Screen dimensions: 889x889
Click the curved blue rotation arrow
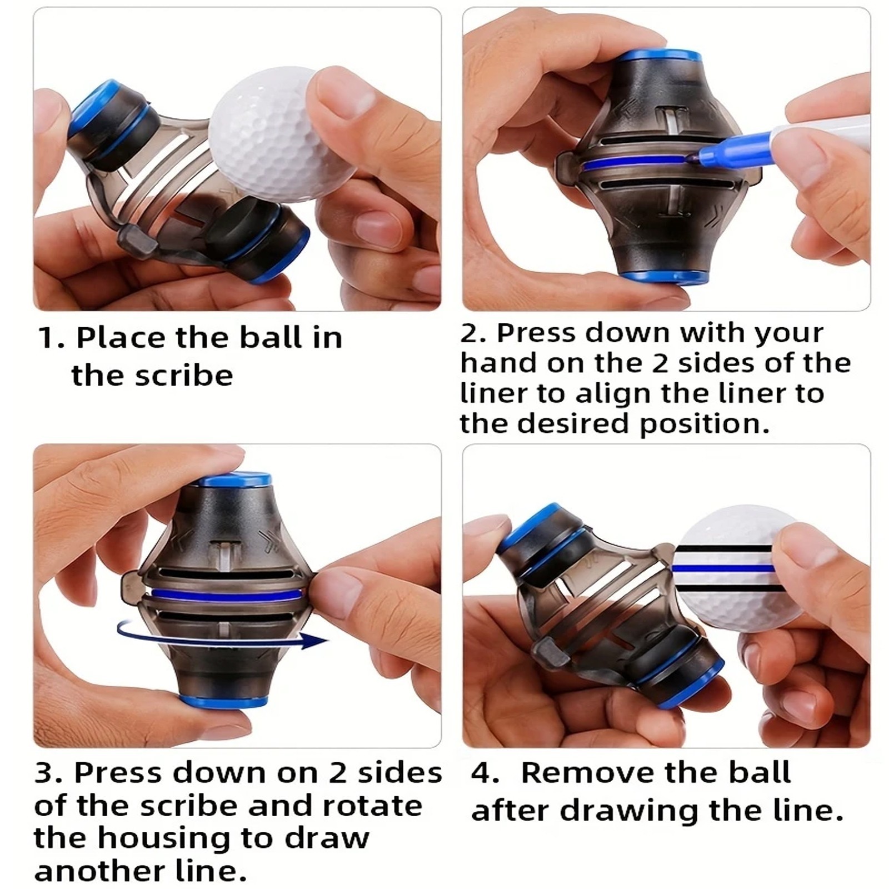222,637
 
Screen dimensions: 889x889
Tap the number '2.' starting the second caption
473,333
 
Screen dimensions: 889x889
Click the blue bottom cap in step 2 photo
655,276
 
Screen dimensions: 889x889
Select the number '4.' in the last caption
485,773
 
